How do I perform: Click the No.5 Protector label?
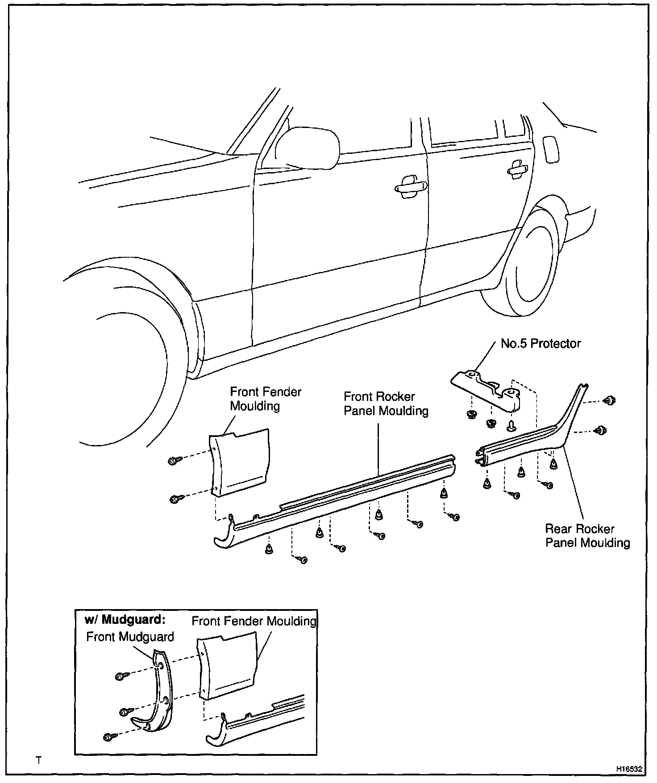(x=541, y=344)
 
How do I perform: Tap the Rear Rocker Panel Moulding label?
(x=587, y=536)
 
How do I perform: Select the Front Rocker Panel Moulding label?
(x=386, y=404)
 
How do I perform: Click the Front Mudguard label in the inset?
(x=130, y=637)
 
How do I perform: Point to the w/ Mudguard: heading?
(x=125, y=620)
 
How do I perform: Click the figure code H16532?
(x=629, y=769)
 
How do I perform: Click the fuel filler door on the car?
(x=551, y=150)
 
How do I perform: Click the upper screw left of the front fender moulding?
(x=175, y=461)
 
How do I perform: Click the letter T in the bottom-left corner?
(x=39, y=760)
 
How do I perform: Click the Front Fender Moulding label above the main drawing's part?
(x=265, y=399)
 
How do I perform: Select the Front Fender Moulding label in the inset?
(x=254, y=621)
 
